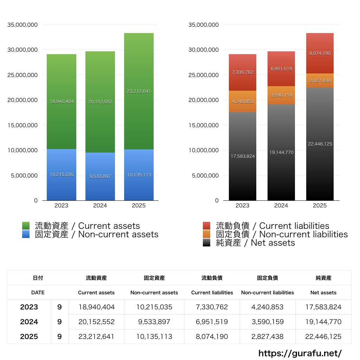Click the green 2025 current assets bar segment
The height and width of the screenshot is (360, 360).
(x=139, y=105)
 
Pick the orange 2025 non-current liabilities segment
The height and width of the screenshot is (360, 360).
(x=320, y=81)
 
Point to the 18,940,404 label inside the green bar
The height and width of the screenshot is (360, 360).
(x=62, y=101)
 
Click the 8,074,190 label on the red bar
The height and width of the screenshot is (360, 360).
(x=320, y=53)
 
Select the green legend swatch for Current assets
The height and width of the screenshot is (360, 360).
(x=26, y=226)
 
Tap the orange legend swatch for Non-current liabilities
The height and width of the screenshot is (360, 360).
(x=207, y=234)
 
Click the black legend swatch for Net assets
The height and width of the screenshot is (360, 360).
(x=207, y=243)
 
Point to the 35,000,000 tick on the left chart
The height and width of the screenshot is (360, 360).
(x=22, y=25)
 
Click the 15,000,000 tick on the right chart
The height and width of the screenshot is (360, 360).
(x=204, y=125)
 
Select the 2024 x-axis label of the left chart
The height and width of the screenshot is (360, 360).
(x=100, y=206)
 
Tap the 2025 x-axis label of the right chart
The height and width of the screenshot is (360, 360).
(x=320, y=206)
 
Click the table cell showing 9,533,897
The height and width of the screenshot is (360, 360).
(x=154, y=322)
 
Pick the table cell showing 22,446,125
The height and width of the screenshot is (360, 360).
(x=323, y=336)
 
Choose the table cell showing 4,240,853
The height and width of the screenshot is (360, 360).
(x=268, y=307)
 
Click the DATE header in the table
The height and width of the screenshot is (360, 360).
(x=38, y=292)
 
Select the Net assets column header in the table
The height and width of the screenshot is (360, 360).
(x=323, y=292)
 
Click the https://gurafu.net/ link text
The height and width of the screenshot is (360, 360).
(x=300, y=353)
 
